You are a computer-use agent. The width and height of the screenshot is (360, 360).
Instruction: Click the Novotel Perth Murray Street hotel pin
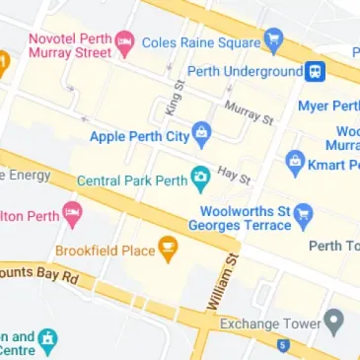[x=124, y=42]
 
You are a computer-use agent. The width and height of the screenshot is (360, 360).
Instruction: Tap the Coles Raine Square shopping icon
[x=273, y=40]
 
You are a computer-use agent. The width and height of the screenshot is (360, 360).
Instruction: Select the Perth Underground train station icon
[x=316, y=71]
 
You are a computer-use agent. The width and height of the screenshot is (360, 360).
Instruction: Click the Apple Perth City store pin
[x=201, y=132]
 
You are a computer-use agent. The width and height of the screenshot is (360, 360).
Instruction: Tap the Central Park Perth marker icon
[x=201, y=180]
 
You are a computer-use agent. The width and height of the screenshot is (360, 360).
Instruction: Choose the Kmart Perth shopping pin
[x=294, y=161]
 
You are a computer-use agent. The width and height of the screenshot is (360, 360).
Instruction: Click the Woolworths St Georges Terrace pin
[x=303, y=212]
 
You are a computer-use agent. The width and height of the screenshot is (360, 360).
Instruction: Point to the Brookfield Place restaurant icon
[x=168, y=250]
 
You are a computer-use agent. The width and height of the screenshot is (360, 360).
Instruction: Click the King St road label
[x=176, y=99]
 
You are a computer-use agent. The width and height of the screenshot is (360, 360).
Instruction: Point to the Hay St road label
[x=235, y=175]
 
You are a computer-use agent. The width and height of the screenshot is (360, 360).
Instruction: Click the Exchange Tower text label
[x=270, y=324]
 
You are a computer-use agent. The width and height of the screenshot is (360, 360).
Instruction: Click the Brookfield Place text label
[x=105, y=251]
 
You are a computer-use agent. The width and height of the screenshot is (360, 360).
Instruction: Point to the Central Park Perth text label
[x=132, y=181]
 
